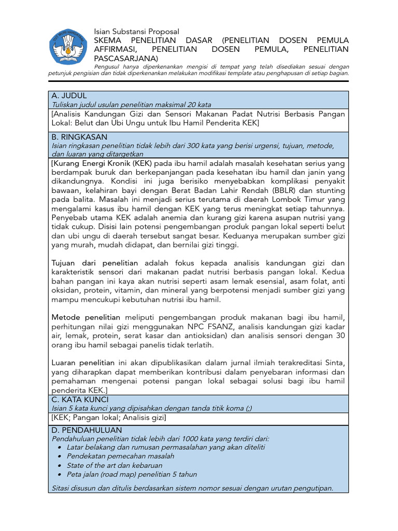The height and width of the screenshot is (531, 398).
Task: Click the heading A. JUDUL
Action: pos(69,96)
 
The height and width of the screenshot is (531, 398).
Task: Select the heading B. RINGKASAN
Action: pos(79,137)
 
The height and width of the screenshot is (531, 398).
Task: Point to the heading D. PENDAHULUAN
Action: pos(87,430)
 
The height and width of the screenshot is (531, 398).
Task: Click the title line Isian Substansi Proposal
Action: pos(136,32)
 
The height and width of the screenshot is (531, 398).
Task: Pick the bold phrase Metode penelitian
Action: pos(86,317)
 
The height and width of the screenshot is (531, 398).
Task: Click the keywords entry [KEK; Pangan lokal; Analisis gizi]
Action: pos(109,417)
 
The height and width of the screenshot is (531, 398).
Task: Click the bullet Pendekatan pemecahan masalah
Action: pos(120,456)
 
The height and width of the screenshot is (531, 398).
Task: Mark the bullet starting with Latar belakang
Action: pos(166,447)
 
